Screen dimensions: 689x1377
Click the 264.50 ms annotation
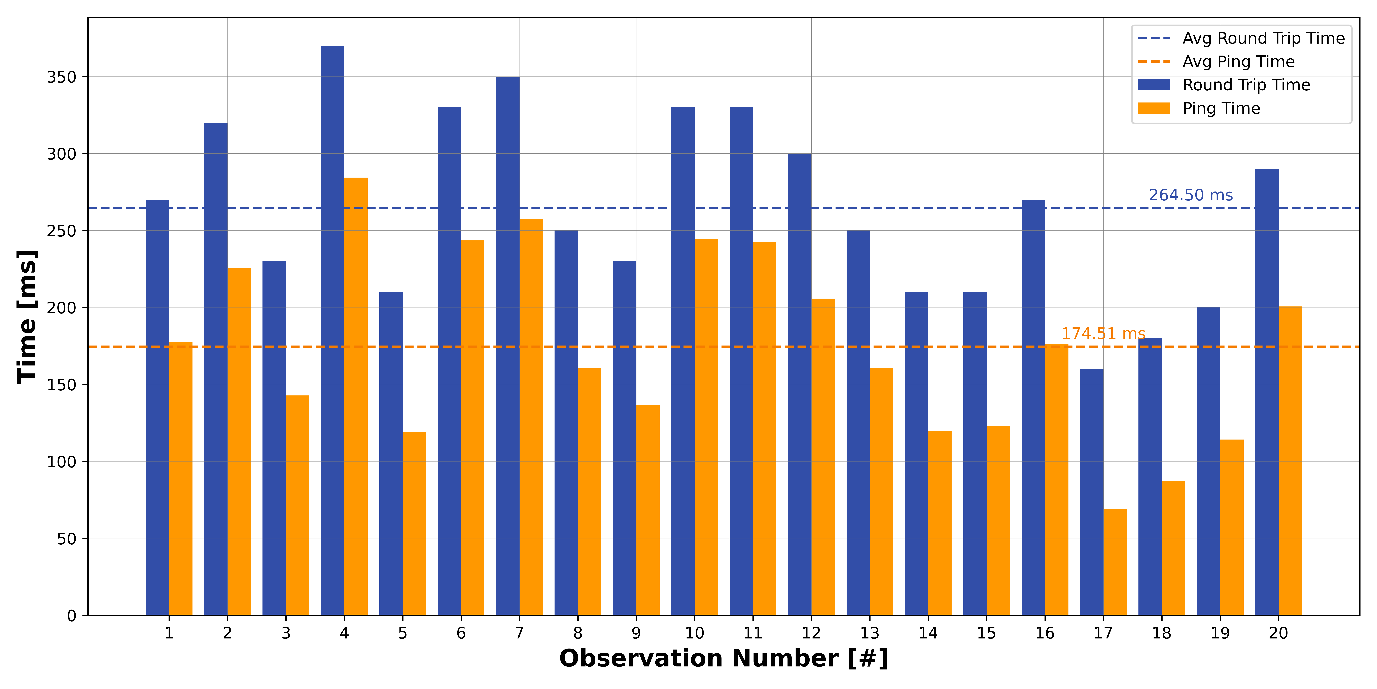(x=1191, y=195)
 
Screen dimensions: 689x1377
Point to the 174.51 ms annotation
(x=1103, y=334)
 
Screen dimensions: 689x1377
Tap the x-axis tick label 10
(x=694, y=633)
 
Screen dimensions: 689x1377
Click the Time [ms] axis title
(x=27, y=317)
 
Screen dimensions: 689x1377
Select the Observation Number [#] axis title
(x=724, y=659)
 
